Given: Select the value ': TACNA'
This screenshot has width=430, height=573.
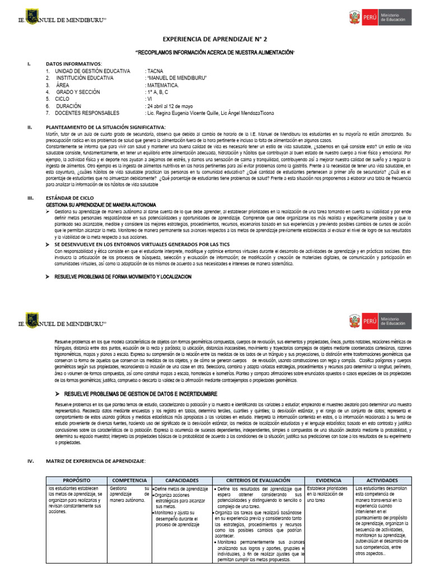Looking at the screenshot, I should point(154,72).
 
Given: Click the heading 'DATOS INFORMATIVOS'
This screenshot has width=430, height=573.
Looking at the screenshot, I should point(73,64).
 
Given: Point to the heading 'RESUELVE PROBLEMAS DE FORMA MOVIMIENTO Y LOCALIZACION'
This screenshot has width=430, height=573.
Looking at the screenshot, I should point(123,277).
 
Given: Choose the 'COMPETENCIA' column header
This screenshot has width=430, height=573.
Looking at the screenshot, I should point(130,480).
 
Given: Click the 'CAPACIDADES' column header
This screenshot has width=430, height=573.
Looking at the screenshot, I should point(181,480).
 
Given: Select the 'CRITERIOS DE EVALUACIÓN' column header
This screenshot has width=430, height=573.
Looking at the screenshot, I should point(259,480).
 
